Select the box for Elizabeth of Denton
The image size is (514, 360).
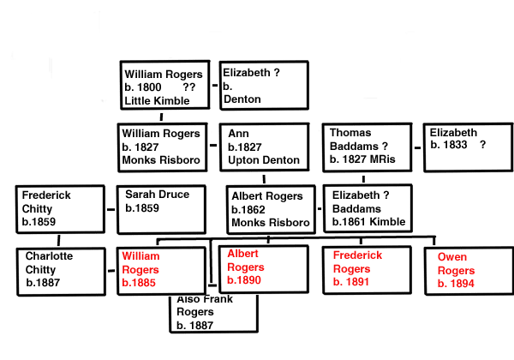click(264, 85)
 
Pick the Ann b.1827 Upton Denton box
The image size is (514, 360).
click(263, 148)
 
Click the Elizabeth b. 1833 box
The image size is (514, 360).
click(466, 148)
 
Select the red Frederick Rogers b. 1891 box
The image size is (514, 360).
click(363, 271)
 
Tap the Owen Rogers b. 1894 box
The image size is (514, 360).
click(466, 271)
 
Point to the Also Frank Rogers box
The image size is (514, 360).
click(213, 314)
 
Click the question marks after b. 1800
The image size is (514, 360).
click(201, 87)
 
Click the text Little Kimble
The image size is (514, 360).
click(155, 100)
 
